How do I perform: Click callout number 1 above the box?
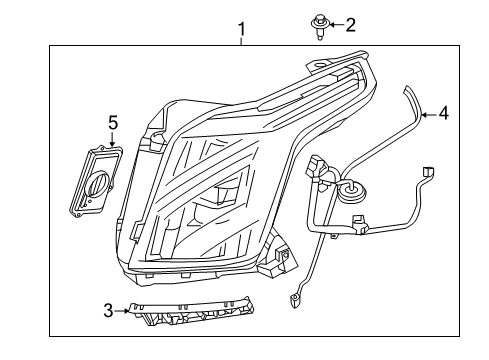tap(241, 32)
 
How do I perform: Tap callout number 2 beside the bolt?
tap(350, 24)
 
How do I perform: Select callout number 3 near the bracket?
tap(109, 311)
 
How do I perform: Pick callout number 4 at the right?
tap(444, 114)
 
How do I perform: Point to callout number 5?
tap(113, 124)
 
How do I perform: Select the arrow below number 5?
tap(113, 140)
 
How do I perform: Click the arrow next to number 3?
tap(123, 311)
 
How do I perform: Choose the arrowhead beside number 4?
tap(425, 115)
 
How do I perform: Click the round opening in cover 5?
tap(98, 187)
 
